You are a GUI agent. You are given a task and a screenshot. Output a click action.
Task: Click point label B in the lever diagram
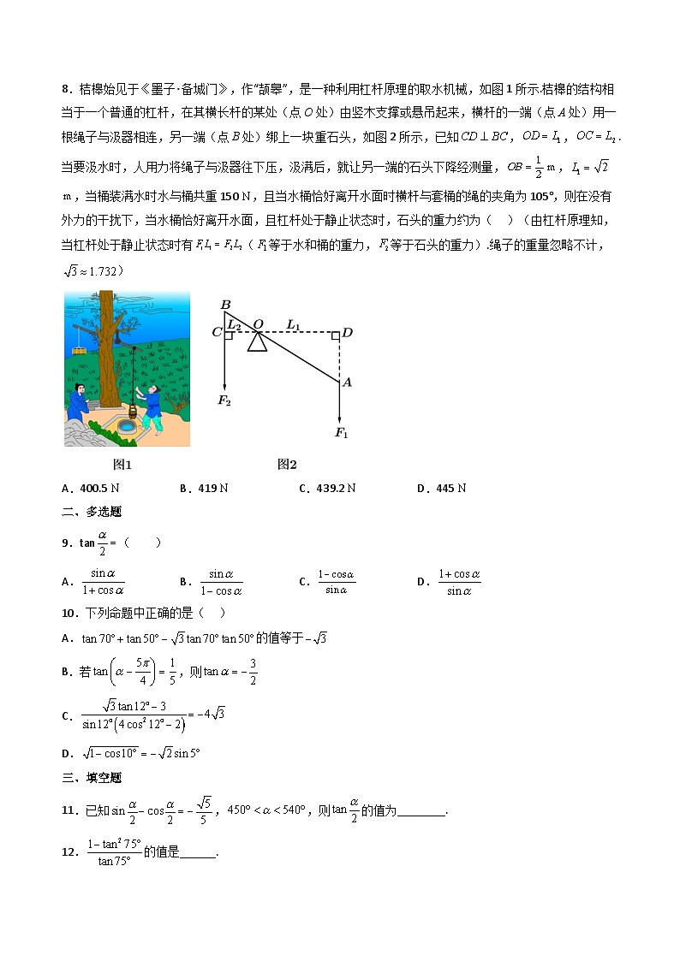click(x=226, y=305)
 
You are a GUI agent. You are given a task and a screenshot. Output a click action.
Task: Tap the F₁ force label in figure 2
click(x=342, y=433)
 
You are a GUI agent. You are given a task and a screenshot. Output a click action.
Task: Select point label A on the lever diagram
click(x=347, y=383)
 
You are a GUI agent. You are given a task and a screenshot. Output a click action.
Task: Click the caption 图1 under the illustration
click(x=123, y=465)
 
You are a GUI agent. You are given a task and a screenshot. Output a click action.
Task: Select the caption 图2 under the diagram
click(x=287, y=465)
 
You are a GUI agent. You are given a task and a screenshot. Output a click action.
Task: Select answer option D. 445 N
click(x=441, y=488)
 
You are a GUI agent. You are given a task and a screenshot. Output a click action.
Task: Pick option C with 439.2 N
click(x=327, y=488)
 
